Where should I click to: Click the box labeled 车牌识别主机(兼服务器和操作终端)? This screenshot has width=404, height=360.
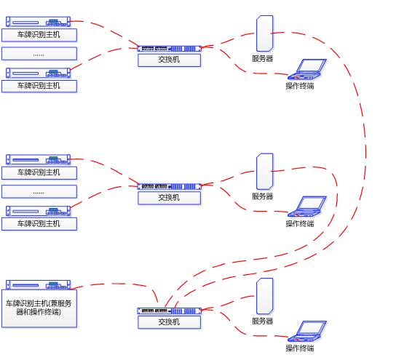(39, 308)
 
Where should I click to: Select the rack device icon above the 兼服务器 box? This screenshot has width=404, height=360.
(38, 285)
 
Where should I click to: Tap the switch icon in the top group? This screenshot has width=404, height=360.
(170, 49)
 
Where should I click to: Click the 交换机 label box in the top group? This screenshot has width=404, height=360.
(170, 60)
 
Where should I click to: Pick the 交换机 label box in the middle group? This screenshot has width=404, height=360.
(170, 198)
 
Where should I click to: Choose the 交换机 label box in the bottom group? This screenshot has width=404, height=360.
(170, 322)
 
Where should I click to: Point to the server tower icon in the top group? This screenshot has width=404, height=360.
(265, 33)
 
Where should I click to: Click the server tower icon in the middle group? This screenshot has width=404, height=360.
(265, 172)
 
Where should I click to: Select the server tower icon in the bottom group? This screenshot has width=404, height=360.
(265, 296)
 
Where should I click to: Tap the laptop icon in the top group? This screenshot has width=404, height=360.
(307, 69)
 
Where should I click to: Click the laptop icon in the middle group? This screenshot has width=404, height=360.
(307, 207)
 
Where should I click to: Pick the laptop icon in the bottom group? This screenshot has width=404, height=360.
(307, 331)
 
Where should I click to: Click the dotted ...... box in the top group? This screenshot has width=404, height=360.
(39, 54)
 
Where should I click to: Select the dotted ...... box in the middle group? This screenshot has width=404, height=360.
(39, 191)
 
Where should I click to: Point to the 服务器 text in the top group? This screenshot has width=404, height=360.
(263, 58)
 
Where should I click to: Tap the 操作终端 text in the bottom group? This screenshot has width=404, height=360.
(300, 348)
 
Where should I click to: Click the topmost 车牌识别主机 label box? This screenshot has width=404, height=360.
(39, 35)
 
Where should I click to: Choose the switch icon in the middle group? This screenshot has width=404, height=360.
(170, 186)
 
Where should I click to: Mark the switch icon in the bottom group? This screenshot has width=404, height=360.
(170, 311)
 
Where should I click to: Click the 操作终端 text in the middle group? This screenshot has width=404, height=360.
(300, 223)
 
